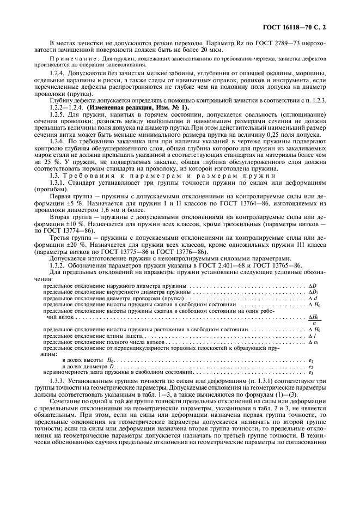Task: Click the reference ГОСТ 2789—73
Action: click(x=261, y=42)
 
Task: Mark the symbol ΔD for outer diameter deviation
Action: click(x=312, y=286)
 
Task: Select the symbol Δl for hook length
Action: click(x=310, y=337)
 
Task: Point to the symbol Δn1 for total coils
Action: click(x=312, y=343)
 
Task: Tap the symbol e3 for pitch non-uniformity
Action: click(x=310, y=372)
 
